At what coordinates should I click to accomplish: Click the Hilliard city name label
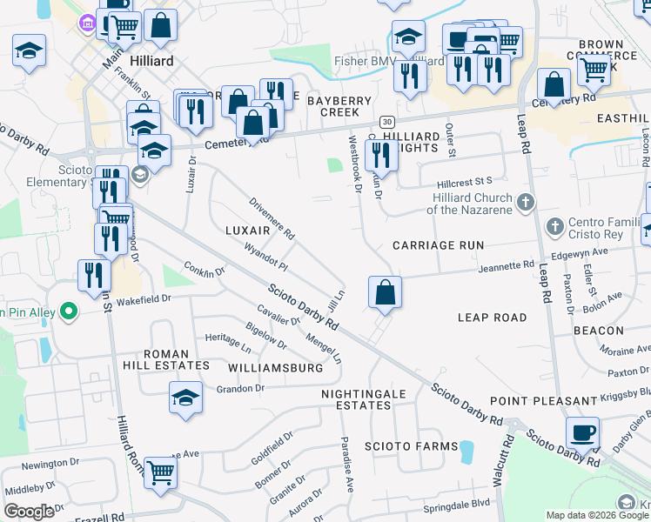coord(151,62)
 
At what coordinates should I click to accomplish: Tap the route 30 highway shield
coord(386,121)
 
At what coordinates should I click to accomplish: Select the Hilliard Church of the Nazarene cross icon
coord(524,202)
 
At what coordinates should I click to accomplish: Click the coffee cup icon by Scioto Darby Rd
coord(582,432)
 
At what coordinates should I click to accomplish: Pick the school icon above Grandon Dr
coord(185,398)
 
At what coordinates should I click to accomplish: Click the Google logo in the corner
coord(29,512)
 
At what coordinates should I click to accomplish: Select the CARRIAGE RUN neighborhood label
coord(437,245)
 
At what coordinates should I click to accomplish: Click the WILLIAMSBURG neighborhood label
coord(274,368)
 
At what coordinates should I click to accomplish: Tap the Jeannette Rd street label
coord(505,266)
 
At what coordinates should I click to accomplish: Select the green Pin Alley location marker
coord(67,311)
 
